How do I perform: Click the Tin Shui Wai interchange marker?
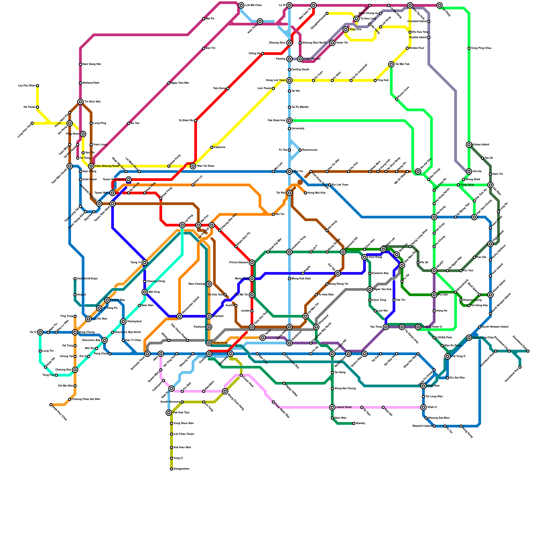pyautogui.click(x=80, y=102)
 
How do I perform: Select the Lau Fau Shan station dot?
pyautogui.click(x=38, y=86)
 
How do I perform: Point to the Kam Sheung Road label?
pyautogui.click(x=107, y=166)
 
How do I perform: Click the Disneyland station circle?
pyautogui.click(x=123, y=322)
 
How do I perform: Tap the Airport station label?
pyautogui.click(x=81, y=295)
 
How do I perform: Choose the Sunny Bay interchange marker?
pyautogui.click(x=107, y=300)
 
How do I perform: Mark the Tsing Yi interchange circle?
pyautogui.click(x=145, y=263)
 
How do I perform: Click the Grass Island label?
pyautogui.click(x=481, y=145)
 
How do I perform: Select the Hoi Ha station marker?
pyautogui.click(x=469, y=172)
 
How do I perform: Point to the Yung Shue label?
pyautogui.click(x=467, y=185)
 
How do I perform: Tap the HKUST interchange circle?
pyautogui.click(x=434, y=271)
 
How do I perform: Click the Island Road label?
pyautogui.click(x=344, y=407)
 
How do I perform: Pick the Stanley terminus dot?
pyautogui.click(x=354, y=423)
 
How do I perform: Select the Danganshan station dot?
pyautogui.click(x=172, y=469)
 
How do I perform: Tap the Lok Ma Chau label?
pyautogui.click(x=254, y=5)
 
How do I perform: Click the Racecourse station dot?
pyautogui.click(x=300, y=150)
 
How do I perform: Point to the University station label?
pyautogui.click(x=298, y=129)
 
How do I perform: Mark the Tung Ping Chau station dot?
pyautogui.click(x=469, y=48)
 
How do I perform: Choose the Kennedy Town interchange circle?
pyautogui.click(x=147, y=354)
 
